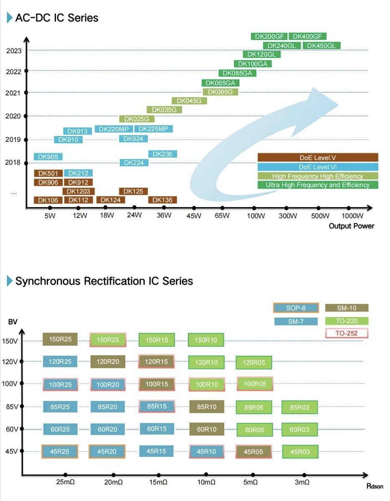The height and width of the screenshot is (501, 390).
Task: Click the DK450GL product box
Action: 321,45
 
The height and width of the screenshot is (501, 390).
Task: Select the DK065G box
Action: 220,92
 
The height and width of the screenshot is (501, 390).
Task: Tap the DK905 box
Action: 48,157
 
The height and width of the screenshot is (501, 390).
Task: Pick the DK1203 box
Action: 79,191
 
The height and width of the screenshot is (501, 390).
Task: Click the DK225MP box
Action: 153,129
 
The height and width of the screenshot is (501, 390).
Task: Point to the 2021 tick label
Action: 13,93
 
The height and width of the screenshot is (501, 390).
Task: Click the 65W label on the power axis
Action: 222,216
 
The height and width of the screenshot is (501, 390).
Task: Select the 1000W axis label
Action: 353,216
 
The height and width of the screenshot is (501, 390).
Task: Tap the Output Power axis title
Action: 351,226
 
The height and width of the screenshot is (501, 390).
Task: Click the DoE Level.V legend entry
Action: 318,157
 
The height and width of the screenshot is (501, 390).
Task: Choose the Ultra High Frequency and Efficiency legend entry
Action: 318,185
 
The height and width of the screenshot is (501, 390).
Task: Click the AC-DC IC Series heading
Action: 57,18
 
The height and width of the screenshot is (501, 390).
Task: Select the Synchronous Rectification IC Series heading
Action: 104,281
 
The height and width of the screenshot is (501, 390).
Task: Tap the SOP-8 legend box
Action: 296,308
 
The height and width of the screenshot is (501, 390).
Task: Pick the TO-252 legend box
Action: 346,333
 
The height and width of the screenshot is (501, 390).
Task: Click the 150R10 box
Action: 206,340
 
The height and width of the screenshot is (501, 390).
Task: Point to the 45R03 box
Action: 300,451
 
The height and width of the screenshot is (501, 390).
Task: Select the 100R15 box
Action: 156,384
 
